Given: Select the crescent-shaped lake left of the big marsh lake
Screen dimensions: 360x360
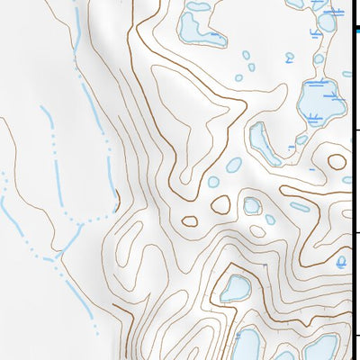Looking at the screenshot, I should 264,142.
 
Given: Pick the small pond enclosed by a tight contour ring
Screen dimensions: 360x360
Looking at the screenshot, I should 252,205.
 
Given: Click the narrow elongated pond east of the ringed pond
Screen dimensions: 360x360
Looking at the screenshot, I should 299,207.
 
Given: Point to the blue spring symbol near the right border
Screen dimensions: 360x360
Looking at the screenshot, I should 341,262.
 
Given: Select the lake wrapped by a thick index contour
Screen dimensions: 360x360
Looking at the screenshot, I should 236,288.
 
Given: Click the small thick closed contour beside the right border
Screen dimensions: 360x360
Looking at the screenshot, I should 337,163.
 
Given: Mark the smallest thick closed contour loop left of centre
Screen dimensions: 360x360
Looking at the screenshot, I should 189,220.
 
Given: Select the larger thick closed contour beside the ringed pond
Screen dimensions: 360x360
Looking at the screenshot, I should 220,204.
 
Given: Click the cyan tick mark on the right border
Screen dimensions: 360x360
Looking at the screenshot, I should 356,30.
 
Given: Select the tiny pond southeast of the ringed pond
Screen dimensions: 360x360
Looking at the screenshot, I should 271,219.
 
